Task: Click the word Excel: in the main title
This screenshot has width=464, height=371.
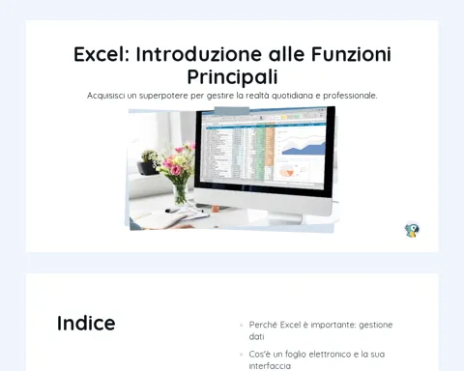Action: [101, 54]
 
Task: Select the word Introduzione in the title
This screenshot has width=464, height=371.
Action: [199, 54]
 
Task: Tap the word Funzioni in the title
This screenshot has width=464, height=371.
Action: [351, 54]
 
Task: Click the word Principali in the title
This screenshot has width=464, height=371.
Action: [232, 77]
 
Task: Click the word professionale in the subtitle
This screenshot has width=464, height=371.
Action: [350, 96]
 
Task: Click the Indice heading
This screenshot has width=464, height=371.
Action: [86, 323]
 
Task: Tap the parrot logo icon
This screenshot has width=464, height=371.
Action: [412, 230]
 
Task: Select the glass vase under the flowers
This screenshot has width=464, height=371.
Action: [180, 194]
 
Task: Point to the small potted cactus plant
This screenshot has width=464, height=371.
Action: [149, 162]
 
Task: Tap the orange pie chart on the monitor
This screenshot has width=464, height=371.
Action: [287, 171]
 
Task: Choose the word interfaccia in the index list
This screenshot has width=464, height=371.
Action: [270, 366]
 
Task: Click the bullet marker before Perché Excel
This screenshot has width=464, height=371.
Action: [242, 326]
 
